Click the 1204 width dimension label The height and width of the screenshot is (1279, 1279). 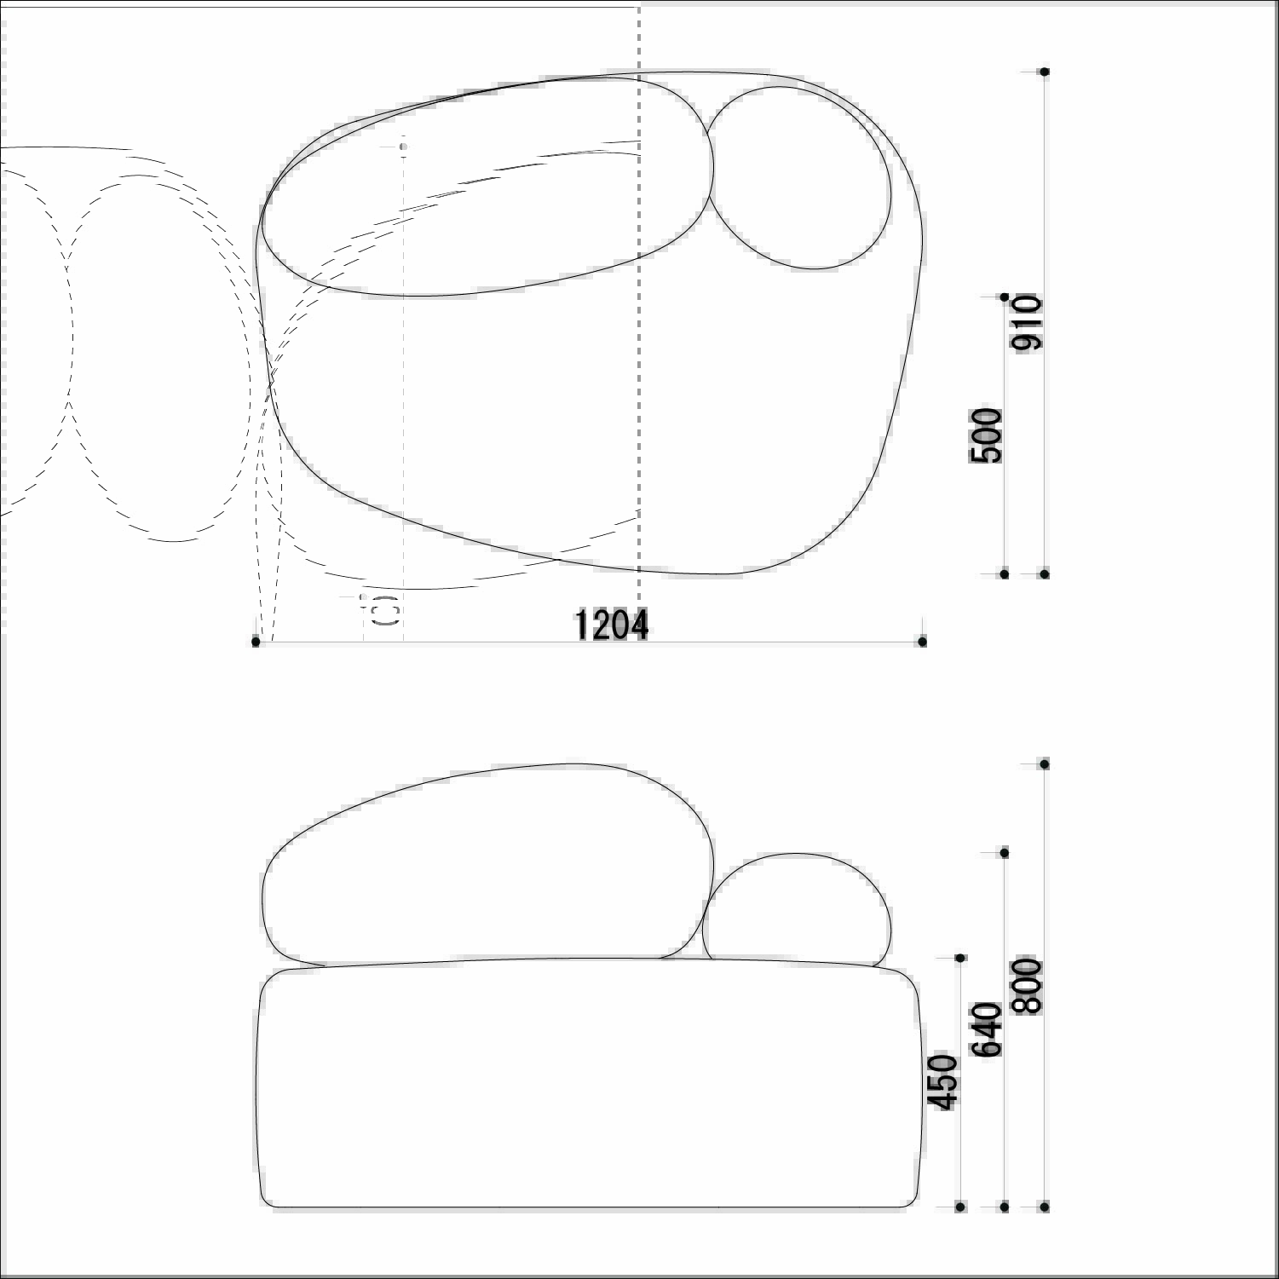click(x=612, y=625)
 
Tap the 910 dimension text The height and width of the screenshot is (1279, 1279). click(x=1026, y=322)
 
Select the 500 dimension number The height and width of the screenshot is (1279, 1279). click(x=987, y=435)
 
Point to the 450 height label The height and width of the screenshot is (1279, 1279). click(x=943, y=1082)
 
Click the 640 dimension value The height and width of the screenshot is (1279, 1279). click(x=988, y=1029)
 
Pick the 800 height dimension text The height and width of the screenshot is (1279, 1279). click(x=1027, y=986)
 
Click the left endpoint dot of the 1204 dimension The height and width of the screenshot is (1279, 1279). click(x=256, y=642)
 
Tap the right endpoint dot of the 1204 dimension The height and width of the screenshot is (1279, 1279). click(x=922, y=642)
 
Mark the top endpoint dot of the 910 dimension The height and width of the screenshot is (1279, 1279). click(x=1045, y=72)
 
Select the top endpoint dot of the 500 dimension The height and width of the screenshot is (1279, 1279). click(x=1005, y=297)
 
